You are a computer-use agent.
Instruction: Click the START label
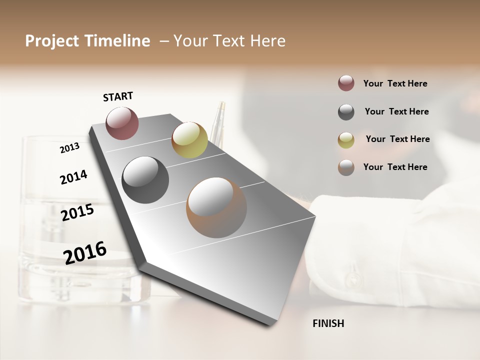(118, 96)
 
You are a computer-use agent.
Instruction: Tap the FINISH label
(328, 323)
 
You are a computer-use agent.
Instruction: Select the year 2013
(69, 147)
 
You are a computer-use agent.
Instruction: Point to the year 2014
(73, 177)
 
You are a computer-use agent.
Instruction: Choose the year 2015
(77, 212)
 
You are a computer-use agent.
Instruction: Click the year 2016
(85, 252)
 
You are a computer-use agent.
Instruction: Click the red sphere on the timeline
(122, 123)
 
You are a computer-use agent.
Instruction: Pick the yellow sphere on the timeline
(189, 139)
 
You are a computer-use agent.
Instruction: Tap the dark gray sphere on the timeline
(145, 179)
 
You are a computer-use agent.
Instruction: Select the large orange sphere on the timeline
(216, 207)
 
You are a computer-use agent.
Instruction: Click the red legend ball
(346, 83)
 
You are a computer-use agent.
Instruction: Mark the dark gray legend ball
(346, 112)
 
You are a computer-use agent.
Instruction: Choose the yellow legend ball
(346, 140)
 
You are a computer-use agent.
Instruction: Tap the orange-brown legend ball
(346, 167)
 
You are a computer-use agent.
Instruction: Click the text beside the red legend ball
(395, 83)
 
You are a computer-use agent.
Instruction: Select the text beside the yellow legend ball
(397, 139)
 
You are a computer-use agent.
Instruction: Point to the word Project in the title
(52, 41)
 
